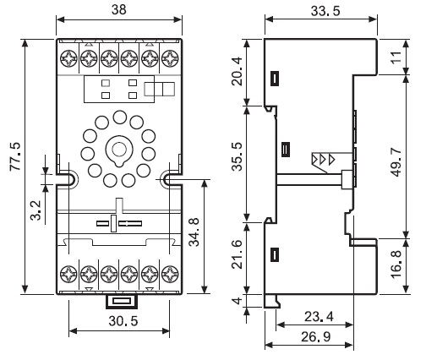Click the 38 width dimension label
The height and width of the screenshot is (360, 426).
point(119,9)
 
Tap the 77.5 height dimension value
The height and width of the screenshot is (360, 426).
point(15,156)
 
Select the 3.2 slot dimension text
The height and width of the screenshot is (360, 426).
point(36,210)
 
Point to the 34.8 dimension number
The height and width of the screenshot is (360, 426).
point(194,232)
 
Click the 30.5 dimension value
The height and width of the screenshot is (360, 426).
point(123,321)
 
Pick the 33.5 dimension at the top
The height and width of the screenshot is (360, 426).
point(325,11)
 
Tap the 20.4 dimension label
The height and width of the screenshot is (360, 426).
point(237,71)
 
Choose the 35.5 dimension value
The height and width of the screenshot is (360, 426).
point(237,156)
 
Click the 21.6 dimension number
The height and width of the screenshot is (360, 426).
point(237,254)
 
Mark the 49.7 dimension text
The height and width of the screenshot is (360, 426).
point(396,162)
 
